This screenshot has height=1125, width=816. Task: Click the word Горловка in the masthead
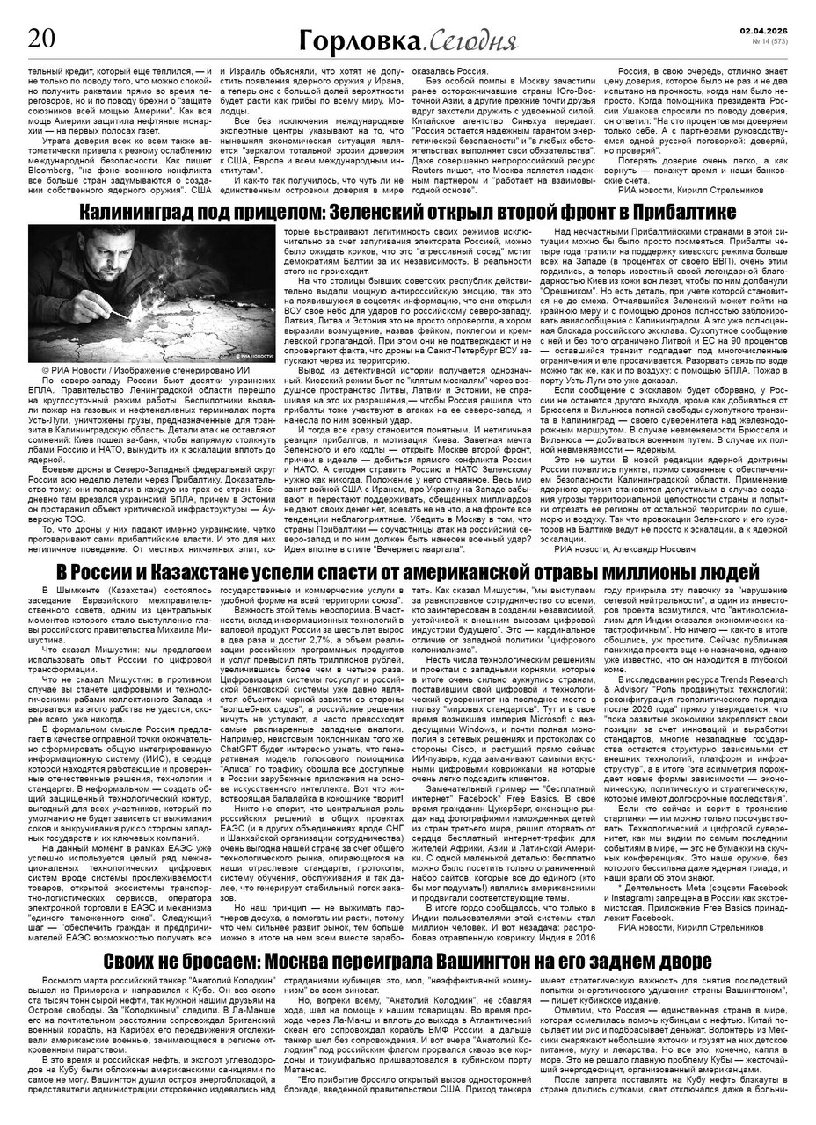[370, 40]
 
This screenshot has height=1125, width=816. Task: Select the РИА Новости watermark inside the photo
[256, 354]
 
